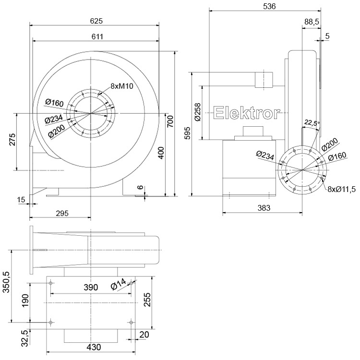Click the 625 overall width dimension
96,21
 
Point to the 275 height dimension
13,140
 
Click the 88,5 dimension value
312,22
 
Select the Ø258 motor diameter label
198,113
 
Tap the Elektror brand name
247,113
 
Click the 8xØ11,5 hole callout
341,189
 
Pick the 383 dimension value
264,208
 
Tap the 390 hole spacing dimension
91,287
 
